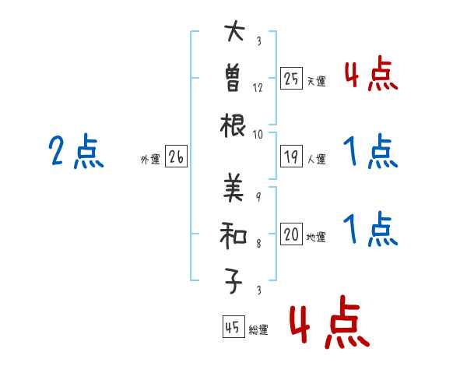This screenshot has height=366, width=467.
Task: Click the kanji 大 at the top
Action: click(233, 33)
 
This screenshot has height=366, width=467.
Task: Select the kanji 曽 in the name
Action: click(233, 79)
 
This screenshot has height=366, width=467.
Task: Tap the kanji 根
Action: click(233, 124)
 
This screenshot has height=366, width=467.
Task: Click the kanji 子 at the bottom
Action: click(233, 281)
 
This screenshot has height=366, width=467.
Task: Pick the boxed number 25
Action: click(291, 79)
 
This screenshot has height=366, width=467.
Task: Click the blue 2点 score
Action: click(75, 152)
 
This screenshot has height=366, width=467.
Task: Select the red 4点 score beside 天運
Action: click(370, 75)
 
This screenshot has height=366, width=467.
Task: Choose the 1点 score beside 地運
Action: click(370, 229)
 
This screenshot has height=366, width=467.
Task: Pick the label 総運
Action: click(258, 329)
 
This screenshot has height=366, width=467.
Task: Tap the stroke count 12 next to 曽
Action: click(258, 87)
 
